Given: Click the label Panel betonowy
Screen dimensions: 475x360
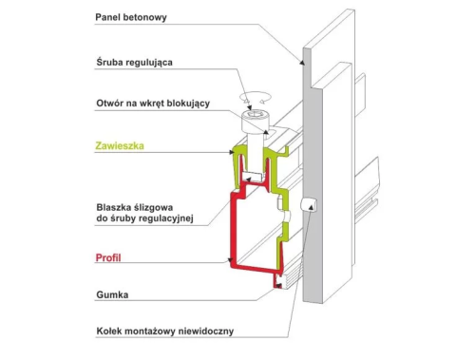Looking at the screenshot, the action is tap(131, 17).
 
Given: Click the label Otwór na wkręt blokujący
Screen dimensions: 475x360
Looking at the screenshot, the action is tap(153, 104).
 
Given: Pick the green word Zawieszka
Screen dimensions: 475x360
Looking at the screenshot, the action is tap(120, 145).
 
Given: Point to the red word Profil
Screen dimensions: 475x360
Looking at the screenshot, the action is tap(108, 257).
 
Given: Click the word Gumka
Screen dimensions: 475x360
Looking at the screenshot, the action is tap(112, 294).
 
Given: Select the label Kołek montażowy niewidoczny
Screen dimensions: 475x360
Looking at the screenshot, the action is tap(165, 332).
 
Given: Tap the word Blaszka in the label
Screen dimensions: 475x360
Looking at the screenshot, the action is tap(114, 207).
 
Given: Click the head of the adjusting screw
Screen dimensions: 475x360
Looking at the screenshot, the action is tap(253, 122).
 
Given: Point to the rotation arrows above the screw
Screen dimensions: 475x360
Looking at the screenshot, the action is tap(256, 97).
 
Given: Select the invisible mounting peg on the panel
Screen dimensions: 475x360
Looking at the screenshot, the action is tap(309, 204).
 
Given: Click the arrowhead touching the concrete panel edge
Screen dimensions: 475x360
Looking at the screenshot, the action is tap(302, 62).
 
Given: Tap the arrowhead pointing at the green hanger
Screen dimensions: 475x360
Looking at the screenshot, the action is tap(232, 152).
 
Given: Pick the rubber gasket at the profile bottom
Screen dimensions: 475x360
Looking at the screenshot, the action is tap(279, 281).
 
